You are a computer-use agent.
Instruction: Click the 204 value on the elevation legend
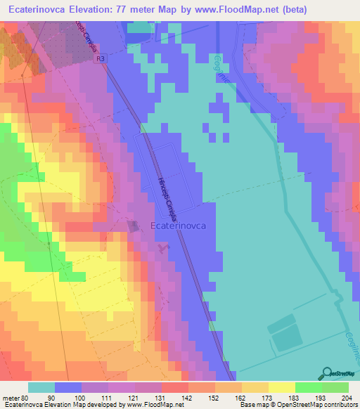pyautogui.click(x=345, y=396)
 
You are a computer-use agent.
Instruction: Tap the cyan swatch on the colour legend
pyautogui.click(x=41, y=387)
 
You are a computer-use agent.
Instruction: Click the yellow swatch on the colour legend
pyautogui.click(x=282, y=387)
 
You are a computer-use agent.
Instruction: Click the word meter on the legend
pyautogui.click(x=11, y=396)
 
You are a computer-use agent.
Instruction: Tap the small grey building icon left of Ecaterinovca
pyautogui.click(x=134, y=226)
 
